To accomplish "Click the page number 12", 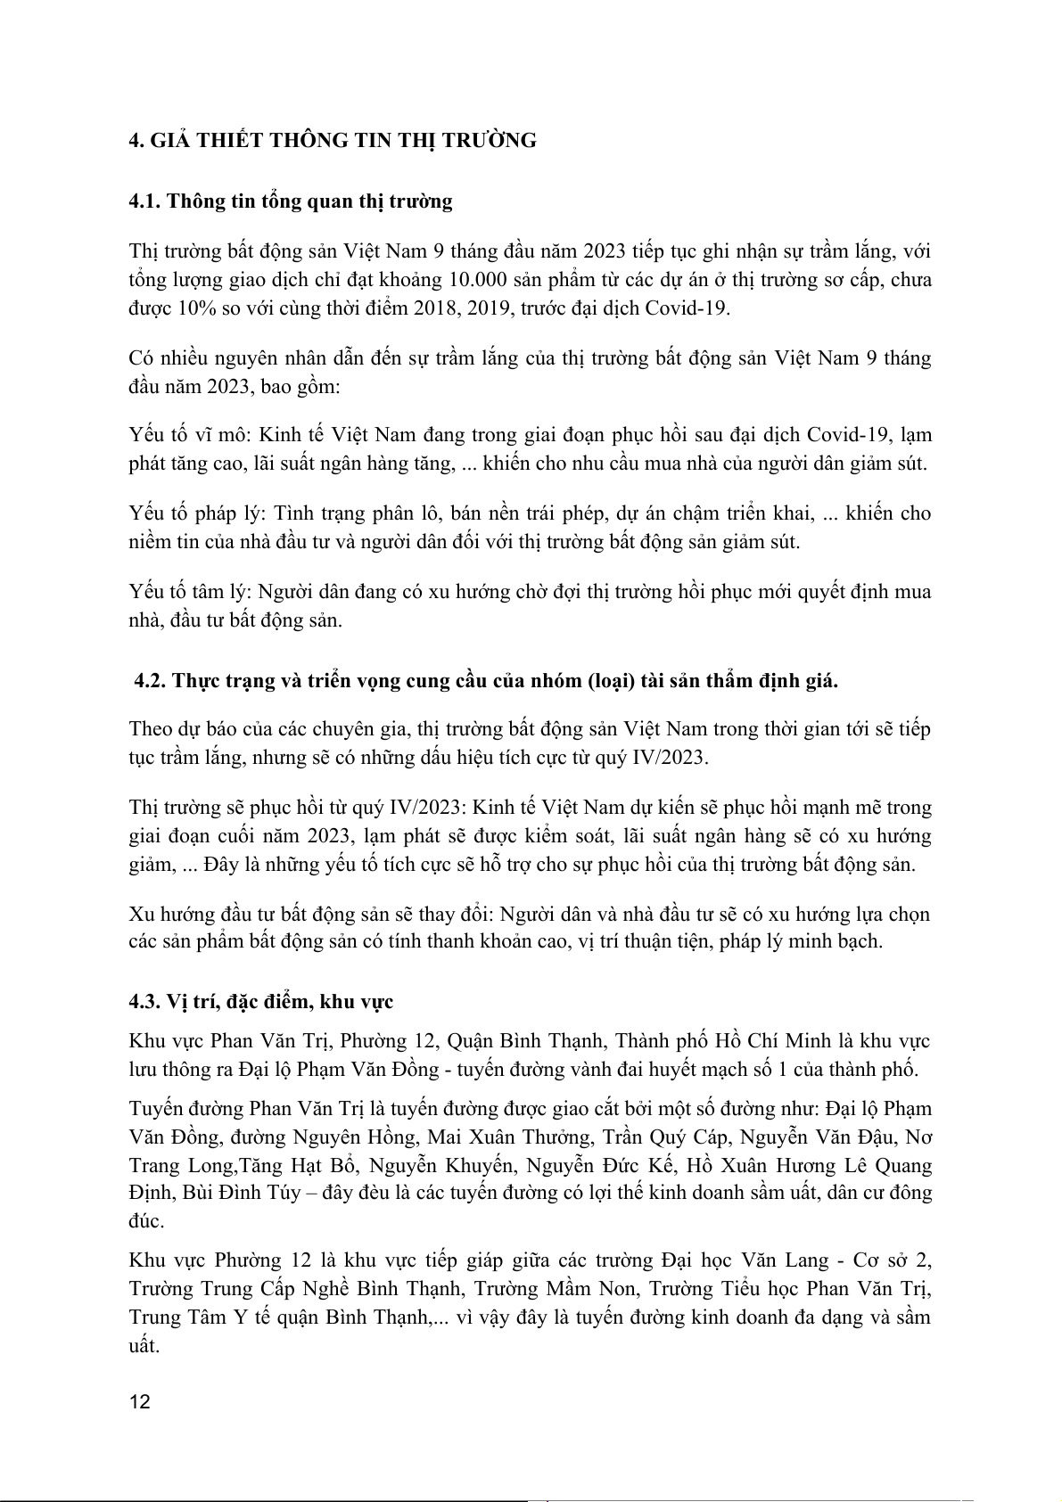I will pyautogui.click(x=140, y=1401).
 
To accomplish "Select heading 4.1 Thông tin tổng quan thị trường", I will pyautogui.click(x=291, y=201).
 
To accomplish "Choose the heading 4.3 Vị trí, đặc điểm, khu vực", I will pyautogui.click(x=261, y=1001).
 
